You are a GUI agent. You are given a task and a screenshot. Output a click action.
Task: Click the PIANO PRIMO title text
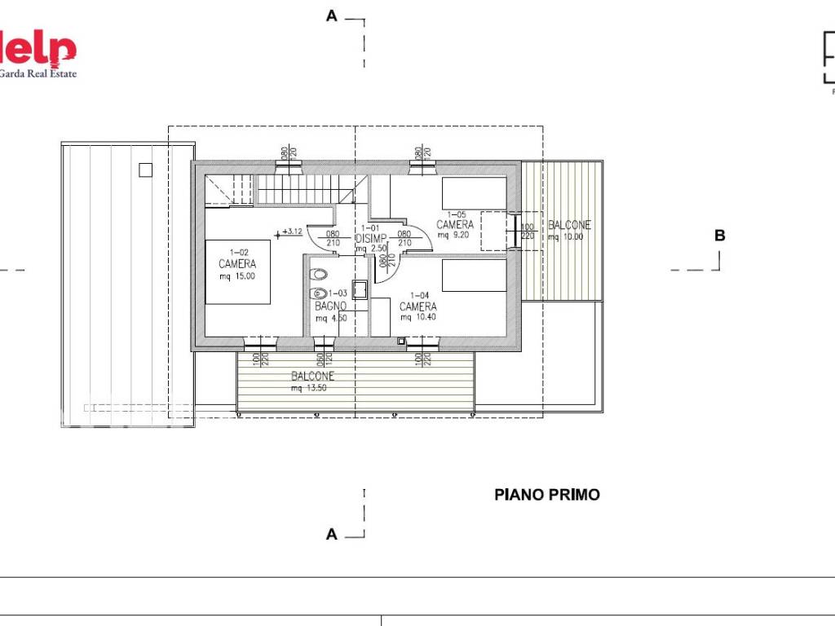(546, 495)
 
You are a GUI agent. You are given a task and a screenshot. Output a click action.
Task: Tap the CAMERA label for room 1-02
(237, 264)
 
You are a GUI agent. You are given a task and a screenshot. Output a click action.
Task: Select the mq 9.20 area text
(454, 235)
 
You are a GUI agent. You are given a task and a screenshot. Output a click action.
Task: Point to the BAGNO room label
(331, 306)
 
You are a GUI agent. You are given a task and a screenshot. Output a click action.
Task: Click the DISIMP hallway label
(370, 238)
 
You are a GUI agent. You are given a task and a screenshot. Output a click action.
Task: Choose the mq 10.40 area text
(417, 317)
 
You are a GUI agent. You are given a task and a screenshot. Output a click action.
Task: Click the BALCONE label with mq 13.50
(312, 377)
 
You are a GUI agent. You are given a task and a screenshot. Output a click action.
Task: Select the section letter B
(719, 236)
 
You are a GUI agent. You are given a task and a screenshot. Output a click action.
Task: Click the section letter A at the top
(331, 15)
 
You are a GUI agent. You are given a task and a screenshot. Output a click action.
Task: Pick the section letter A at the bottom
(331, 534)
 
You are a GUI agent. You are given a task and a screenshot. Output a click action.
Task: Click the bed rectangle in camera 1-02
(237, 271)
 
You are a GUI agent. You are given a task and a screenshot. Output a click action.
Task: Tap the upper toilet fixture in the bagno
(320, 274)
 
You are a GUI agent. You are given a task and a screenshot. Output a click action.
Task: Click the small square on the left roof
(145, 170)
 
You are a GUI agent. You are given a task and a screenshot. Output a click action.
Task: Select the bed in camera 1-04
(474, 275)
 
